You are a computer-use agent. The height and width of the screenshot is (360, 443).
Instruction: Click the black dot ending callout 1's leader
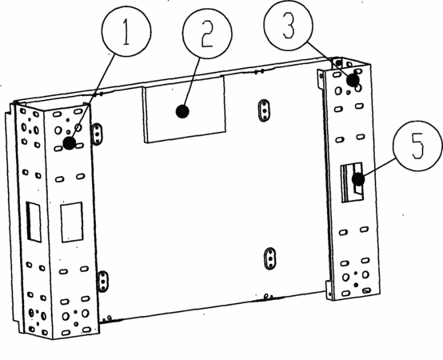[x=70, y=143]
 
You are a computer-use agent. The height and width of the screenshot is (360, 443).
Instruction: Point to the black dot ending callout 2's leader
[x=182, y=111]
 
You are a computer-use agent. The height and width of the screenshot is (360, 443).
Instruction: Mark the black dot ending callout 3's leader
[x=353, y=80]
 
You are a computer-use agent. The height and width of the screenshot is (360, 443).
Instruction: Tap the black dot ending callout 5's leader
[x=358, y=179]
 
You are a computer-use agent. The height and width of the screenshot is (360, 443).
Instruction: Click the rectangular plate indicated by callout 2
[x=184, y=110]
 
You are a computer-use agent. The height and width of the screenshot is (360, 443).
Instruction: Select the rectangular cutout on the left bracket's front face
[x=72, y=222]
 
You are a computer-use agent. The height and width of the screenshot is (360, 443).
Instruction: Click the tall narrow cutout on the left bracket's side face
[x=34, y=222]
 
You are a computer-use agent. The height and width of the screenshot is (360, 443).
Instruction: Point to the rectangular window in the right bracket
[x=352, y=182]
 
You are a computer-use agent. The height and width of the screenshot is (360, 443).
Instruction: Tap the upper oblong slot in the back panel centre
[x=264, y=110]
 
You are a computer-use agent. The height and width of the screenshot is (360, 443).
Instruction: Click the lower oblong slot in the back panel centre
[x=270, y=258]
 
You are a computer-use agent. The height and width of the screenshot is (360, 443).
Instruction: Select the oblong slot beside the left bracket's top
[x=97, y=134]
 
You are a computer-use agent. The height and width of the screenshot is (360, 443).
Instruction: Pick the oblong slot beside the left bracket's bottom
[x=103, y=282]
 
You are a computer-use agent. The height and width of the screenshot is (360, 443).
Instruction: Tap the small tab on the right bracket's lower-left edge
[x=329, y=290]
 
